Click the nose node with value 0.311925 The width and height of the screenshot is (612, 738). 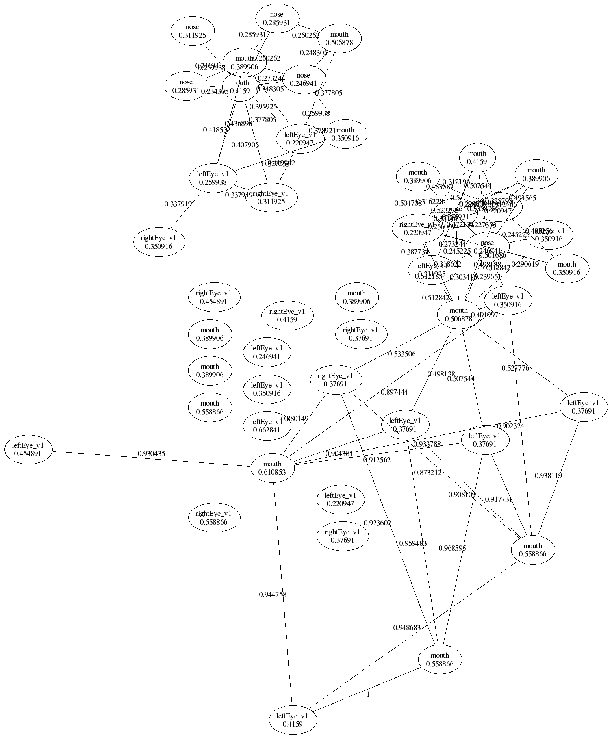click(193, 31)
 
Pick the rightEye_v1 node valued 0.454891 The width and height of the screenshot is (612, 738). click(213, 297)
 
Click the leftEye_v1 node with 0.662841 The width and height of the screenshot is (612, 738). click(267, 426)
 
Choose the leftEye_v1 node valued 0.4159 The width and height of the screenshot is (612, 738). click(293, 720)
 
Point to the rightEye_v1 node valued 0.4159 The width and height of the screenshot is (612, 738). click(287, 315)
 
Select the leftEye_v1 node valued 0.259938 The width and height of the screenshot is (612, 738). click(213, 178)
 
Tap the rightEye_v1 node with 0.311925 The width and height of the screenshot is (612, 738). click(271, 197)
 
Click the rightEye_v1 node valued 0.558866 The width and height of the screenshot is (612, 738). click(213, 518)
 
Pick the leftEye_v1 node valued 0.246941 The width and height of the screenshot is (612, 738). click(267, 352)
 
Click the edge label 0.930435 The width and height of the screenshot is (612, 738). click(151, 454)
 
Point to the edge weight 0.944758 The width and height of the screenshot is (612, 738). click(273, 595)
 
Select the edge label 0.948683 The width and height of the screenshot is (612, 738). click(407, 628)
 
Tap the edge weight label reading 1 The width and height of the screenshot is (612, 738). click(368, 694)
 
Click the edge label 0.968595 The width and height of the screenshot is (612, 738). click(452, 548)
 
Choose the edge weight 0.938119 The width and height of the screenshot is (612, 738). click(548, 476)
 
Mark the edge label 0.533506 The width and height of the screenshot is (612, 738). click(402, 354)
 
